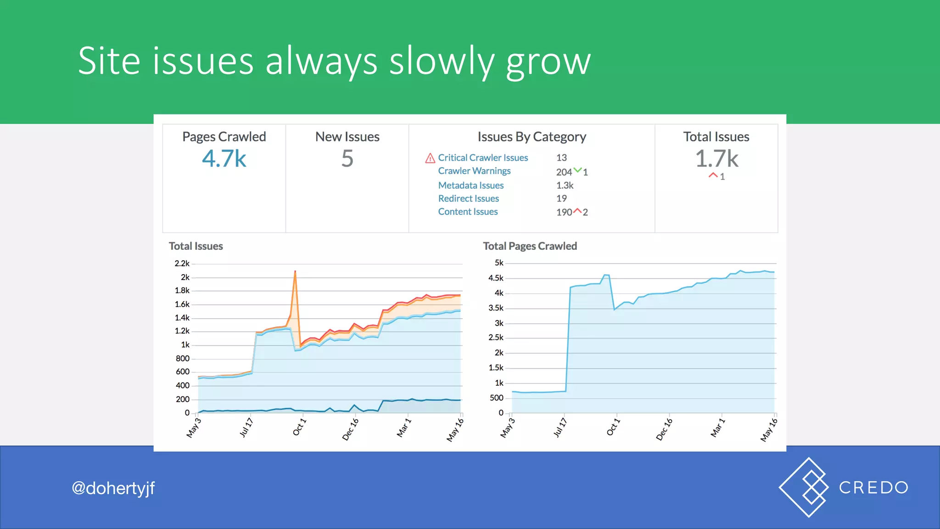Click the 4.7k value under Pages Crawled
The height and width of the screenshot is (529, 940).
(x=224, y=159)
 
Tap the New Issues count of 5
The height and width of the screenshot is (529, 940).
(x=347, y=159)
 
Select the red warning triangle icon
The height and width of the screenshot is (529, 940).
(x=430, y=158)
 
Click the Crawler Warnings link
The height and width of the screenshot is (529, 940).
(x=474, y=171)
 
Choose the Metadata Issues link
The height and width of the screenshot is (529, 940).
(x=470, y=186)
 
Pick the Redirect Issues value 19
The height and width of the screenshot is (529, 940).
(x=561, y=198)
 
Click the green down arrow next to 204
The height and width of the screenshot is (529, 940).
(x=577, y=170)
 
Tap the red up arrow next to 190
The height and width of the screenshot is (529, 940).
(x=577, y=211)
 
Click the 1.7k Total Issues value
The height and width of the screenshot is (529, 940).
(x=716, y=159)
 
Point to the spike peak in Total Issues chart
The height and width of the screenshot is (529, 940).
(x=295, y=272)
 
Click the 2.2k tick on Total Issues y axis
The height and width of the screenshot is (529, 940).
(x=182, y=264)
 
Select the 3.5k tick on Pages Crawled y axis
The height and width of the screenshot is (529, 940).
(x=496, y=308)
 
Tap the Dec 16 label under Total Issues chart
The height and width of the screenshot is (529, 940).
(x=350, y=430)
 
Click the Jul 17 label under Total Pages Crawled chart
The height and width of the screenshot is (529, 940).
(x=560, y=428)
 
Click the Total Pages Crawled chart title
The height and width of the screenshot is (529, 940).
(x=530, y=246)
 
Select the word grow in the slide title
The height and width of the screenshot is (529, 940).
(x=548, y=62)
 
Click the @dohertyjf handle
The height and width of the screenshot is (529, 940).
(x=113, y=488)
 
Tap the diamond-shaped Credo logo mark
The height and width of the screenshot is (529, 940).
(x=804, y=487)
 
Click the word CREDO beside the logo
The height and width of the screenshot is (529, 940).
(x=873, y=488)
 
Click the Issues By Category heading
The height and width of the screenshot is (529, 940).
(x=532, y=137)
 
